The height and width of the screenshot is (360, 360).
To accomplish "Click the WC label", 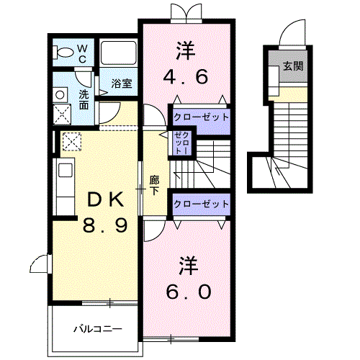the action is coord(82,53).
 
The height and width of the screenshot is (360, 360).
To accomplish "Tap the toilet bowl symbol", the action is coord(63,53).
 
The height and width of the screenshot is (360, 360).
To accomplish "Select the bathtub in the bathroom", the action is coord(118,53).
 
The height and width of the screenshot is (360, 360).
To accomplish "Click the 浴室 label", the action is coord(122,84).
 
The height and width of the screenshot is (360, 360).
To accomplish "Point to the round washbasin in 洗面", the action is coord(60,95).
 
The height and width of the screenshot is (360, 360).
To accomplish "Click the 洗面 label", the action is coord(84,100).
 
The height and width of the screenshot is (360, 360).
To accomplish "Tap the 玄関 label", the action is coord(293,66).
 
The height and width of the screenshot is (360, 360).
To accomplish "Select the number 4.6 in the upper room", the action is coord(185,76).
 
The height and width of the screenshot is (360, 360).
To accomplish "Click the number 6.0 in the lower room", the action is coord(189,292).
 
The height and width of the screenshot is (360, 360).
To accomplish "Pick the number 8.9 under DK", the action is coord(105,225).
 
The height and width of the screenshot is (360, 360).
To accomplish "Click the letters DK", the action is coord(106,199).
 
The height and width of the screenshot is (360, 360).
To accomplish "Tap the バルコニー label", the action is coord(98,328).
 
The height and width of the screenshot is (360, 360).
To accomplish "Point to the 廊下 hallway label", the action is coord(154,185).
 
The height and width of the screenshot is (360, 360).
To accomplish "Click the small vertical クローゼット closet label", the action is coord(182,143).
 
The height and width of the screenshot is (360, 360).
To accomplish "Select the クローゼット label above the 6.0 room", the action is coord(201,204).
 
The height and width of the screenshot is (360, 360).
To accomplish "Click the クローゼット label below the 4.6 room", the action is coord(201,117).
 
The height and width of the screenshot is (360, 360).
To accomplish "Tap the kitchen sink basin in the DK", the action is coord(66,170).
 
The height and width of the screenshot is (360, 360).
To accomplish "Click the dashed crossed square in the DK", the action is coord(72,141).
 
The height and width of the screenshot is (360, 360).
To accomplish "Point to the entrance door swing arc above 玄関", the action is coord(290,27).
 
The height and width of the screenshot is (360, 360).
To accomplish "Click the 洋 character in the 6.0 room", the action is coord(189,266).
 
